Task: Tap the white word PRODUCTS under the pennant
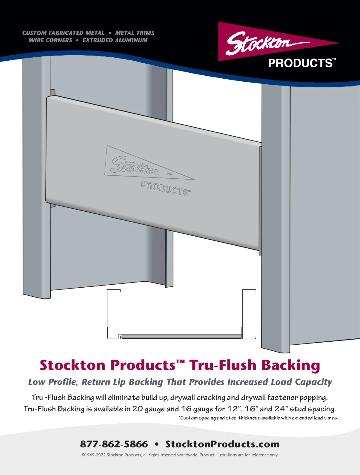[x=300, y=63]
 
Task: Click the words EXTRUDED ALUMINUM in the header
[x=115, y=40]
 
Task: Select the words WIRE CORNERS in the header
[x=50, y=40]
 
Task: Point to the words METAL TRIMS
[x=135, y=33]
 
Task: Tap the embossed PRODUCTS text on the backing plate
[x=165, y=189]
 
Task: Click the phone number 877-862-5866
[x=114, y=444]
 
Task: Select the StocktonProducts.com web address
[x=222, y=444]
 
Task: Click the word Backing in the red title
[x=290, y=365]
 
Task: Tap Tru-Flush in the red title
[x=223, y=365]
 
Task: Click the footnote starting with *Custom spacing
[x=258, y=418]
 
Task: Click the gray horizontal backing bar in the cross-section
[x=181, y=337]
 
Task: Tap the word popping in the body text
[x=313, y=398]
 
